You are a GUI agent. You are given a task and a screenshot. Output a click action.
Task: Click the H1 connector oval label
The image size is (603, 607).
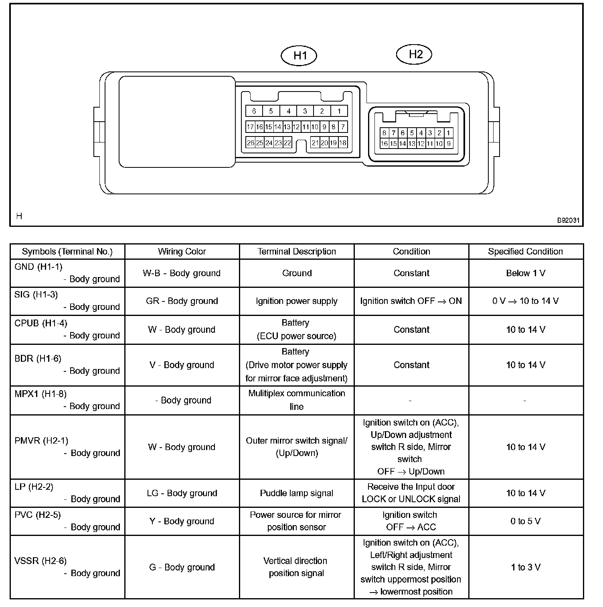[299, 55]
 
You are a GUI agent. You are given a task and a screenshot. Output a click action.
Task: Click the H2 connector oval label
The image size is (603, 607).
[415, 54]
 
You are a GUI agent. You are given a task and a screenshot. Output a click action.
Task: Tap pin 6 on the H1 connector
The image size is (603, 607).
[254, 111]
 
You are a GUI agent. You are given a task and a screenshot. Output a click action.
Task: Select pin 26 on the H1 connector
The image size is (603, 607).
[250, 143]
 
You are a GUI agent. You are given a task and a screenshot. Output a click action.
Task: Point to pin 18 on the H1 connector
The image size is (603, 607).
[342, 143]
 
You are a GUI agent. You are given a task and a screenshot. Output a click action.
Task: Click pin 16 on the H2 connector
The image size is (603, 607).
[384, 143]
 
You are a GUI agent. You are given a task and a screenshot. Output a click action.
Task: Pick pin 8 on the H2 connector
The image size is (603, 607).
[384, 133]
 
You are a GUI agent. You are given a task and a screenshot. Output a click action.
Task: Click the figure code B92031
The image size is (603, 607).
[568, 220]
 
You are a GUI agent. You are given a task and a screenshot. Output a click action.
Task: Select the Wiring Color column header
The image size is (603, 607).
[182, 252]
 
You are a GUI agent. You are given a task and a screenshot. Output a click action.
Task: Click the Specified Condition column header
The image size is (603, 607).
[525, 252]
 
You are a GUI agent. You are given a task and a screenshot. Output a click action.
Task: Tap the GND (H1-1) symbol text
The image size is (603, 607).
[38, 267]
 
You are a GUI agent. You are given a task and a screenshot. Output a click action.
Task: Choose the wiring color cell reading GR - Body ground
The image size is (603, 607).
[182, 301]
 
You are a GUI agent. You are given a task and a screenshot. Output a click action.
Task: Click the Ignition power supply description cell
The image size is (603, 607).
[296, 301]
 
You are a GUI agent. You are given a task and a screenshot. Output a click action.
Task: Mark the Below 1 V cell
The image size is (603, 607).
[525, 273]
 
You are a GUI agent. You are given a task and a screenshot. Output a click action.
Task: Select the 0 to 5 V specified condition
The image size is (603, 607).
[525, 521]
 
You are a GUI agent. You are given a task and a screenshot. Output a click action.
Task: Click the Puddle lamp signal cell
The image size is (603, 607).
[296, 493]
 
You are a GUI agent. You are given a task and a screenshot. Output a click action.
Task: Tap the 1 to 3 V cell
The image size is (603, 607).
[525, 567]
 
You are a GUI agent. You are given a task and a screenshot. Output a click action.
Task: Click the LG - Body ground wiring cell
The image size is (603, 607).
[182, 493]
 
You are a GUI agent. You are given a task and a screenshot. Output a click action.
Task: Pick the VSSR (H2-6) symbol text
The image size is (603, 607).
[40, 561]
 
